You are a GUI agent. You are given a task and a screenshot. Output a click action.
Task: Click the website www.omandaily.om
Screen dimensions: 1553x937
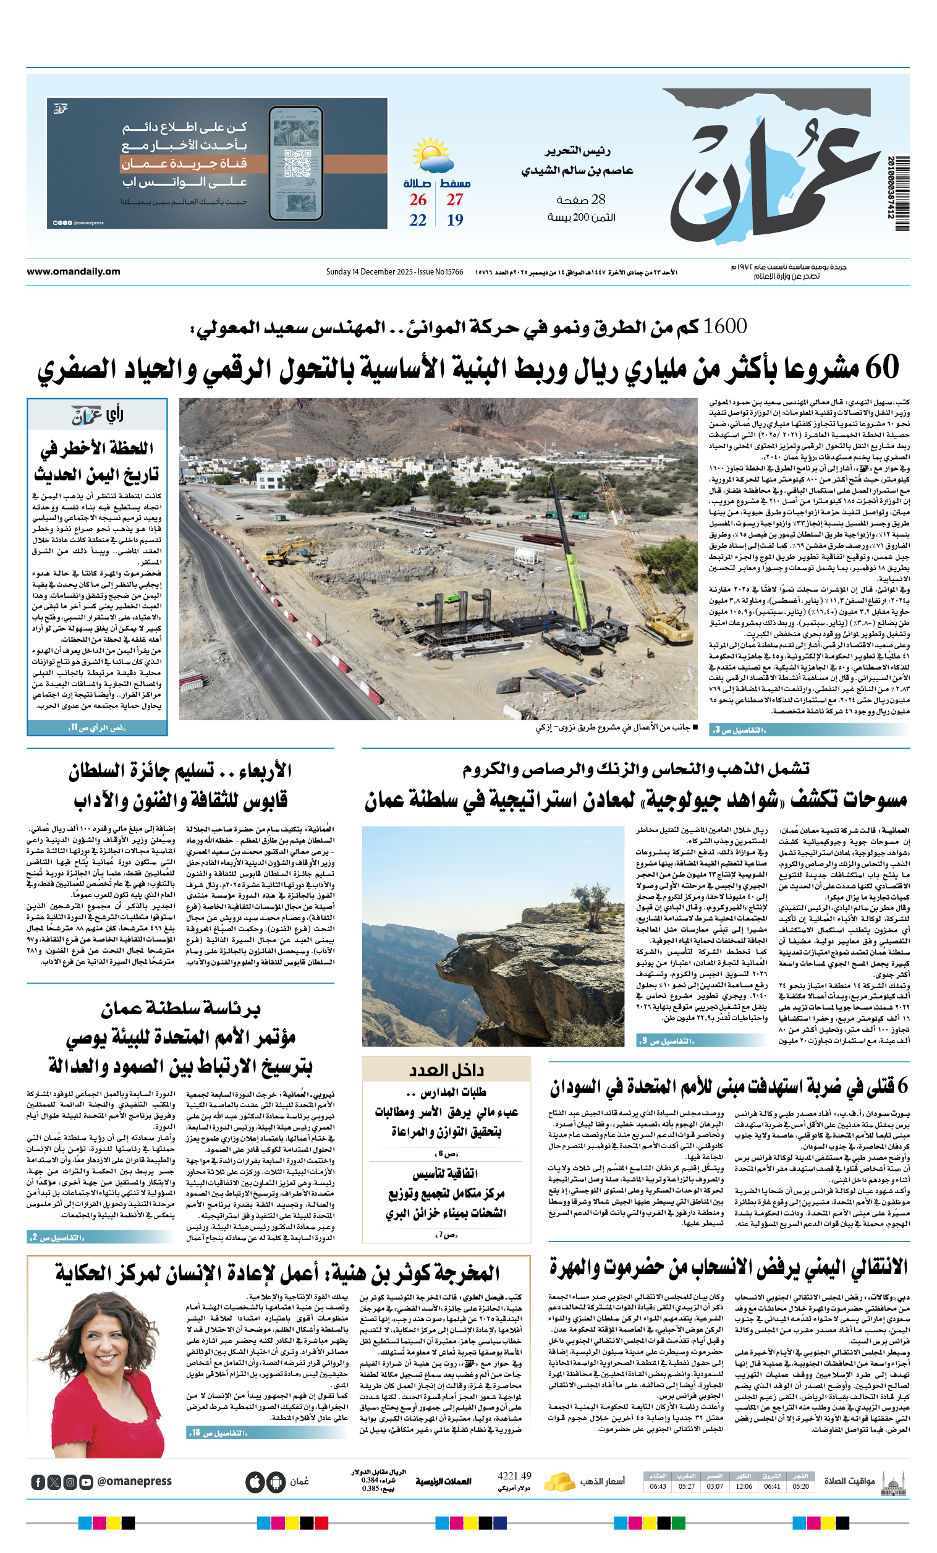click(x=73, y=271)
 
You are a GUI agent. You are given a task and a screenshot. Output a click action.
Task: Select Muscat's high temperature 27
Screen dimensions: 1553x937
click(x=455, y=200)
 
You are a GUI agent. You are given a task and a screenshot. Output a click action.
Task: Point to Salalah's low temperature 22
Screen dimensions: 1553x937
click(x=418, y=220)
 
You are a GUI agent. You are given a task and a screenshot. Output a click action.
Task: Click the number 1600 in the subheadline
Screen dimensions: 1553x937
click(x=724, y=326)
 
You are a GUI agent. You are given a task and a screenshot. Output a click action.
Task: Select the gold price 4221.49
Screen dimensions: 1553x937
click(x=514, y=1476)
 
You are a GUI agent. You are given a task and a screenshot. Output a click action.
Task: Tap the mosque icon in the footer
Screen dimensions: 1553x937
click(x=894, y=1481)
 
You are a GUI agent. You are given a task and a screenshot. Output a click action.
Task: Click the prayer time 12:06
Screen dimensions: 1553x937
click(x=744, y=1486)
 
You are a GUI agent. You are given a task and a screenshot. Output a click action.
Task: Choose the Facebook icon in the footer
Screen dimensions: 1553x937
click(x=38, y=1483)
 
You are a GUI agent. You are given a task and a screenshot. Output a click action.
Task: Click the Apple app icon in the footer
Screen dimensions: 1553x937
click(x=255, y=1482)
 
